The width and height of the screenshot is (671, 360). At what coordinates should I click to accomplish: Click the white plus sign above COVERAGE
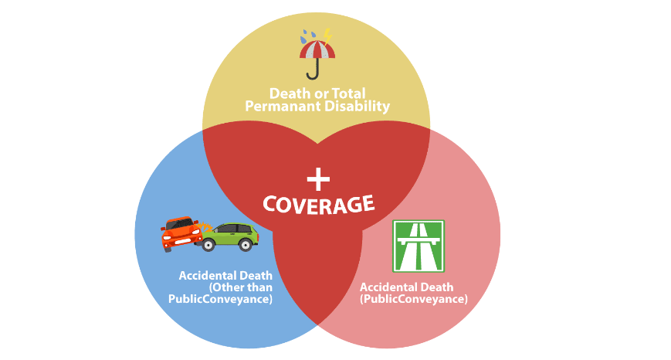[317, 179]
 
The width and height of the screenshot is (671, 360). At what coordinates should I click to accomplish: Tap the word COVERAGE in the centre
[318, 204]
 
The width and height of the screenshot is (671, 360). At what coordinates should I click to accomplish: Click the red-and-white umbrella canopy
[317, 50]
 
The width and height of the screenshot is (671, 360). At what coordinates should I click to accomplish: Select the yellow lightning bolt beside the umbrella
[327, 36]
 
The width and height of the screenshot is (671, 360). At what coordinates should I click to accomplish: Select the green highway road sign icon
[419, 246]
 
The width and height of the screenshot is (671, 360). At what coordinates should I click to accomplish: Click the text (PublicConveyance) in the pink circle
[414, 299]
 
